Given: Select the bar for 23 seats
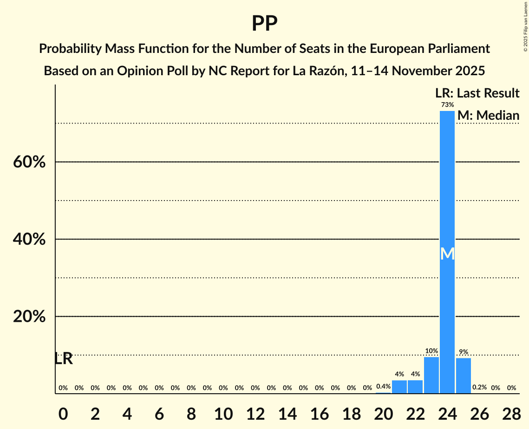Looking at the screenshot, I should pos(431,375).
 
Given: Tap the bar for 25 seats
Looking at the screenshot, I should pos(463,376).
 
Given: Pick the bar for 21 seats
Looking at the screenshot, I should pos(399,387).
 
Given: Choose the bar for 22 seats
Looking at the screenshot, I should pos(415,387).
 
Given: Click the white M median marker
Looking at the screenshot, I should pos(447,253).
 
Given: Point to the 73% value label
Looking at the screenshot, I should pos(447,105).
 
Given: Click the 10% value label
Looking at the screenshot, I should pos(431,351).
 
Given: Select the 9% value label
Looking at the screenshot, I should pos(463,352).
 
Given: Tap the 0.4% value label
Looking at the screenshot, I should pos(384,386).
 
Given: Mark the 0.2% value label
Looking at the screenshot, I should pos(479,387).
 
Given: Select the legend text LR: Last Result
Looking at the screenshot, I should pos(477,93).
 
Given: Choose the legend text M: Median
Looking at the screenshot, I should pos(488,116).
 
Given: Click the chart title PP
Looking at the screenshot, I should pos(264,23).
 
